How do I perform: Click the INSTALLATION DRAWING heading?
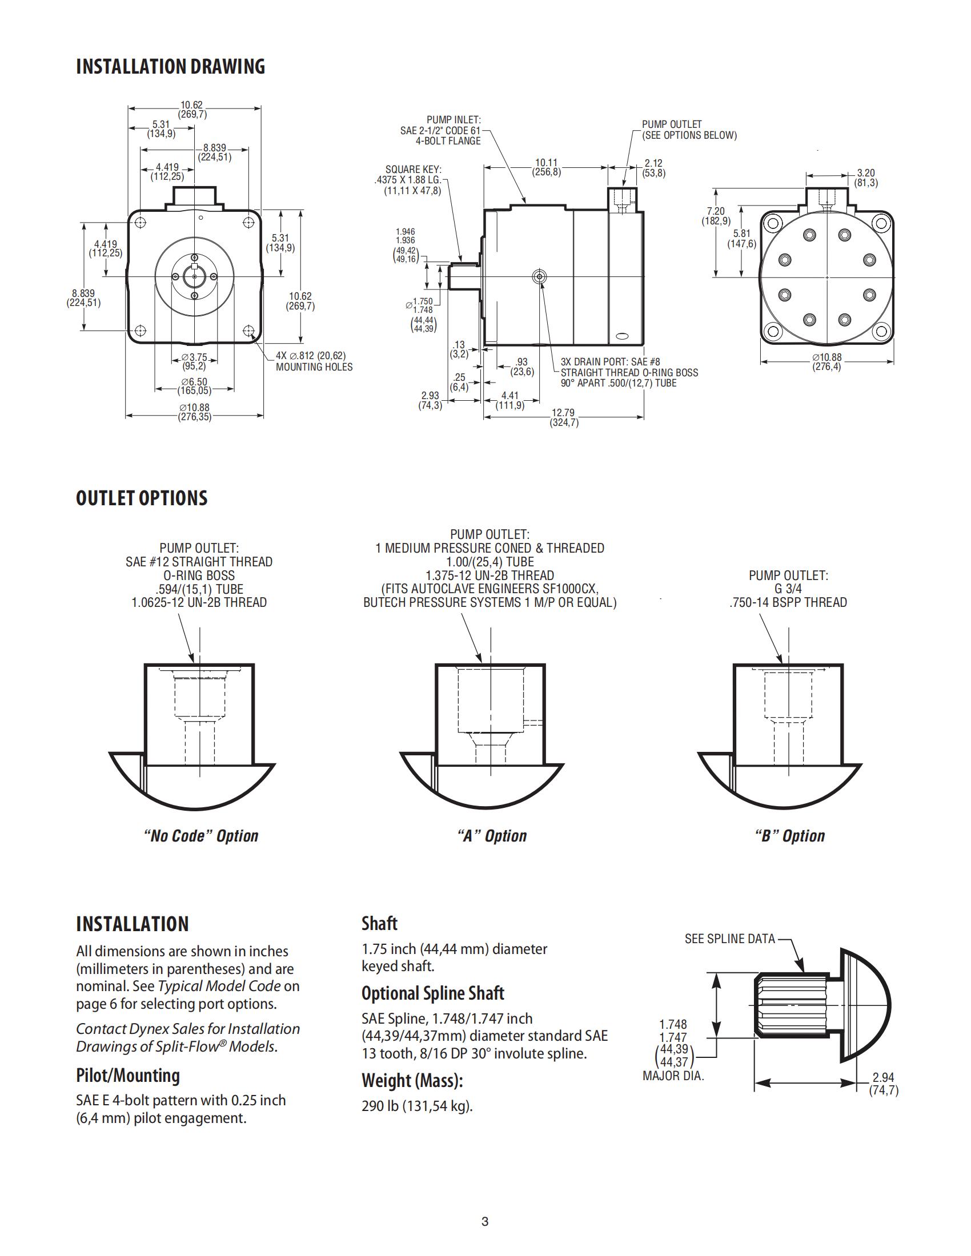pos(170,67)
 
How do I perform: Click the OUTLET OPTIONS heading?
pos(142,498)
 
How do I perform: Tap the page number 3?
pos(485,1222)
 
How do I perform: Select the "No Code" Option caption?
pos(200,836)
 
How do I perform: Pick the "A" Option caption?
pos(492,836)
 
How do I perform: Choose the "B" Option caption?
pos(789,836)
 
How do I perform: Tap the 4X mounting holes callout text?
pos(314,361)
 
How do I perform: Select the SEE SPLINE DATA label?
pos(729,939)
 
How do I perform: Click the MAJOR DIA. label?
pos(673,1076)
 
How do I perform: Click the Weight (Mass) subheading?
pos(412,1081)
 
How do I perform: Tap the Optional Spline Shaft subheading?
pos(432,993)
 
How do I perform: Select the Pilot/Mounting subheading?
pos(128,1075)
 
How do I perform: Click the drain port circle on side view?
pos(539,277)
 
